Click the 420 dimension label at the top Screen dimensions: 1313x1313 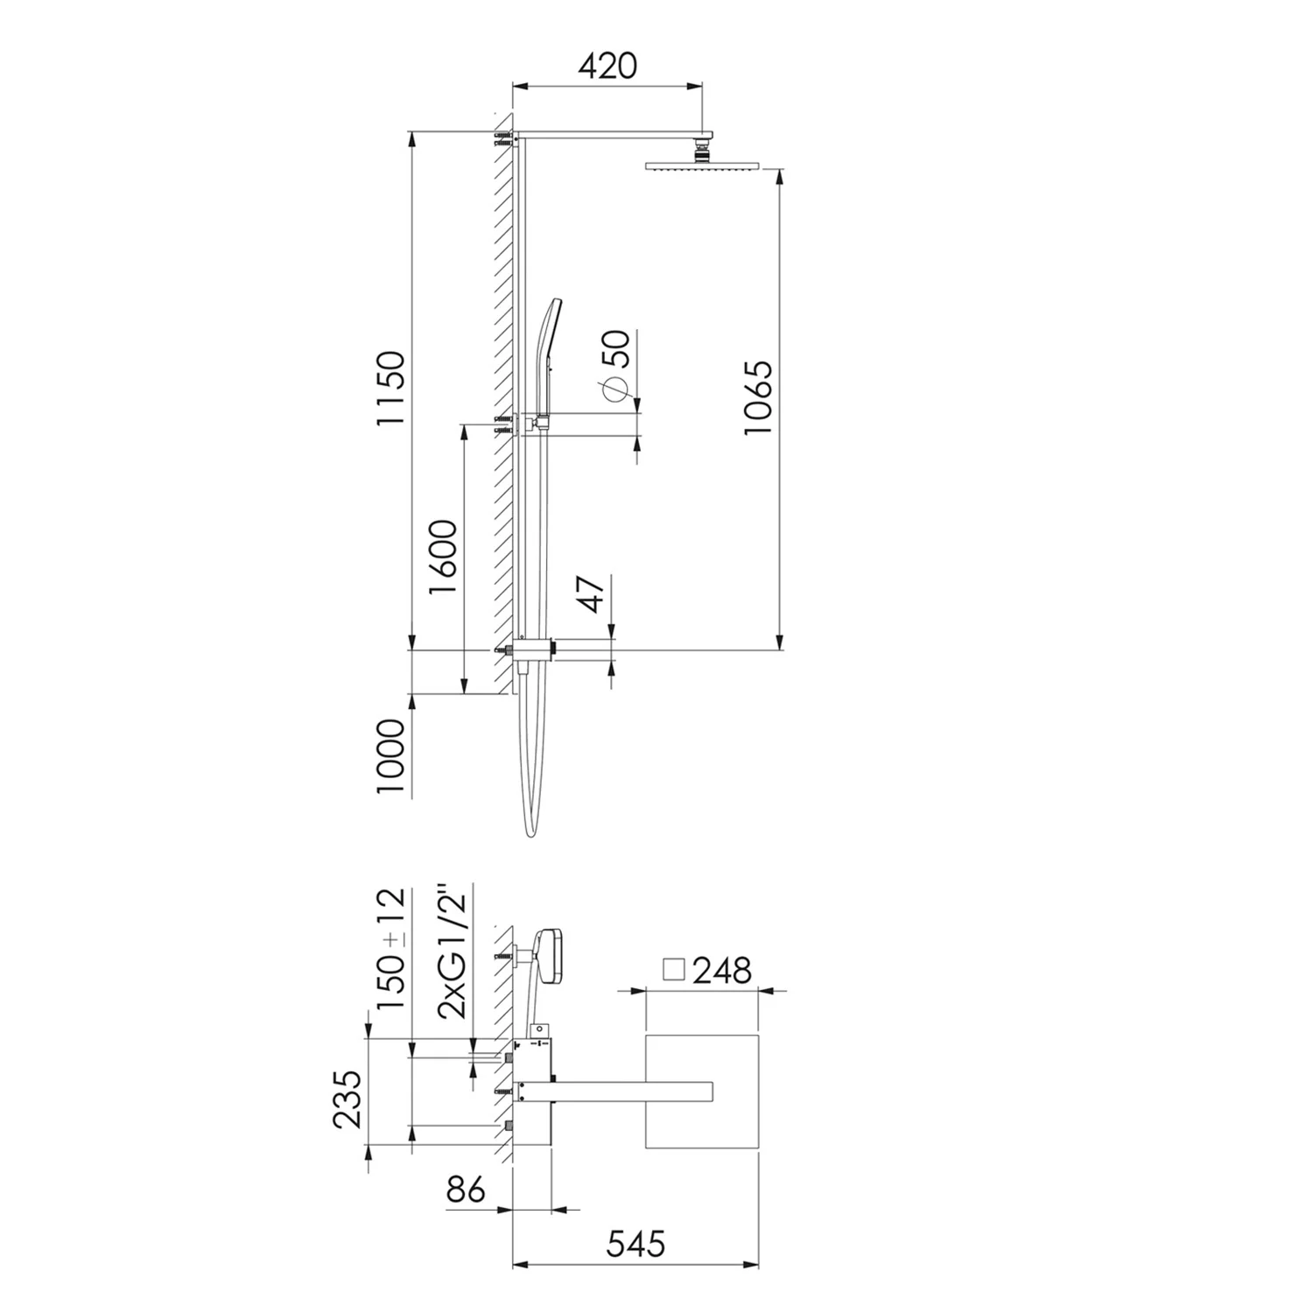tap(607, 66)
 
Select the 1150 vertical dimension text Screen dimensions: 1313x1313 tap(391, 388)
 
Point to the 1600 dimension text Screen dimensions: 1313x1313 tap(443, 558)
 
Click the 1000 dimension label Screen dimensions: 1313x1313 tap(391, 757)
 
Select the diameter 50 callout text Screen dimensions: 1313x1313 tap(614, 364)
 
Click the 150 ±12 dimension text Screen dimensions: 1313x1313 tap(391, 949)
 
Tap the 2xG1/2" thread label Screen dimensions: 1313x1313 tap(454, 951)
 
